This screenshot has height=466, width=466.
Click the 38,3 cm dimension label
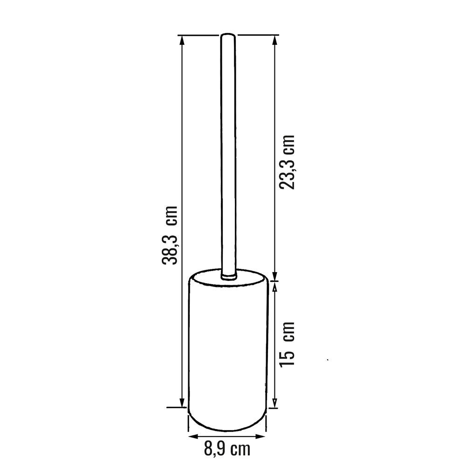point(170,235)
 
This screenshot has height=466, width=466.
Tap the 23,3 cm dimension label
point(287,162)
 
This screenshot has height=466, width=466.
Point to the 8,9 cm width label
point(227,449)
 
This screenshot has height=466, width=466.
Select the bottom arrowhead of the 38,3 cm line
point(182,403)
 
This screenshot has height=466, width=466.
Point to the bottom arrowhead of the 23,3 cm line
point(275,276)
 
